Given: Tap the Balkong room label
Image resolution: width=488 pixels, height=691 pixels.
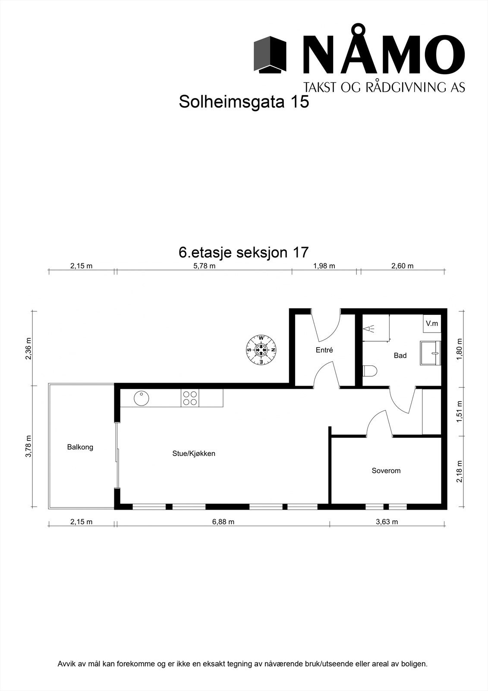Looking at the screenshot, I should (80, 447).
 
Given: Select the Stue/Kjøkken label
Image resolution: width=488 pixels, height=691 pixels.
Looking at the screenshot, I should (194, 454).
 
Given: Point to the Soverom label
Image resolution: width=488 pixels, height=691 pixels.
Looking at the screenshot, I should (386, 471).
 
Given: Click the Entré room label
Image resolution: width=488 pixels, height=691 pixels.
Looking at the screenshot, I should (324, 350).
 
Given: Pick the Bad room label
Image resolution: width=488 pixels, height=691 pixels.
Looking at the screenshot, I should (400, 356).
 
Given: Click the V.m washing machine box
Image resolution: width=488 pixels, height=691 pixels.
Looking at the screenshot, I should (432, 323).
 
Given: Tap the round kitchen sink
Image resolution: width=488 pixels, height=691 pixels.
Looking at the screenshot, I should (141, 398).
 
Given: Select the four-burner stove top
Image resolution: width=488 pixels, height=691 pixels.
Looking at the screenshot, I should (190, 398).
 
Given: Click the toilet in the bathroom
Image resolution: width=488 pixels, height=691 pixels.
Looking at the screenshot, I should (370, 371).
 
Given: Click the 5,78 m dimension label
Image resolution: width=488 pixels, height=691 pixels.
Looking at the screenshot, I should (204, 266).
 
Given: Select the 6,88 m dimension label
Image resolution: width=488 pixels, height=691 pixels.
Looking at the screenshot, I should (223, 522).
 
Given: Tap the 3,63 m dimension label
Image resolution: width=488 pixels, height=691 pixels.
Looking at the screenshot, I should (387, 522).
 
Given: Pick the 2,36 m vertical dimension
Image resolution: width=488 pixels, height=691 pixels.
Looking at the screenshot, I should (29, 348).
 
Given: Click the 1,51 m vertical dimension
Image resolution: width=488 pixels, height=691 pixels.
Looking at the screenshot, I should (460, 412).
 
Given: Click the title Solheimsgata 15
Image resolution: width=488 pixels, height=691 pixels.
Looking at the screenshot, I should (244, 102).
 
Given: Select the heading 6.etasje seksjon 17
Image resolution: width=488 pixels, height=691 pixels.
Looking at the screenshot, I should (244, 252).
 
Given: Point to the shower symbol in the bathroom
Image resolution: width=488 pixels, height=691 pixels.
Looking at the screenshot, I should (370, 329).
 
